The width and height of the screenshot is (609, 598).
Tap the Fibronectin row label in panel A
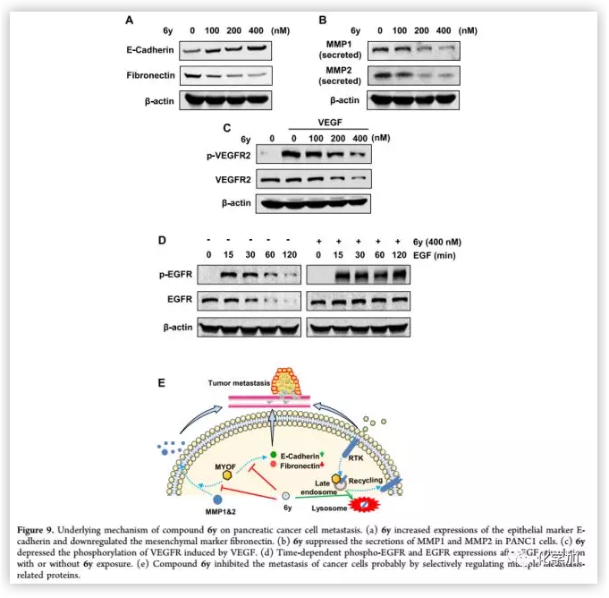149,74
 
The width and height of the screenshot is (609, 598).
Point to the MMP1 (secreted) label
343,48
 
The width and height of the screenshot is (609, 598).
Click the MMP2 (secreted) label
343,76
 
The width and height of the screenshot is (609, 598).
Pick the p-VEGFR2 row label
227,155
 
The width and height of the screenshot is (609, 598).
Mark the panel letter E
161,382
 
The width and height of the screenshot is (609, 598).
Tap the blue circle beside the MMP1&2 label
219,498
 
